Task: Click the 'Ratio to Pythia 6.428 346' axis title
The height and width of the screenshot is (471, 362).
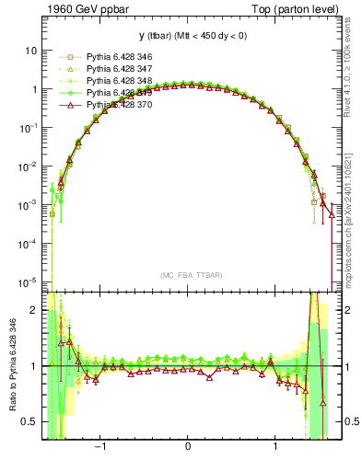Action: coord(11,365)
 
